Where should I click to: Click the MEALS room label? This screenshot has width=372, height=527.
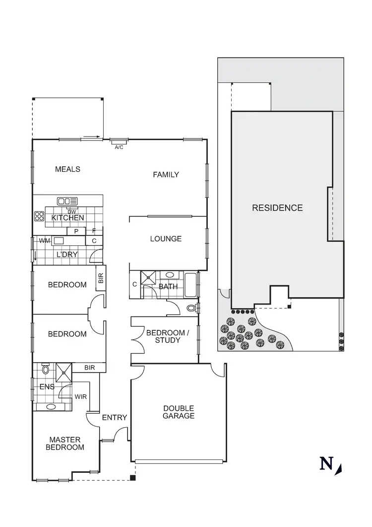(x=67, y=169)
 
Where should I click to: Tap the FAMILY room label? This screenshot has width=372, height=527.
(x=166, y=175)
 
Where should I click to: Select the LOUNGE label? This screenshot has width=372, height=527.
(x=166, y=239)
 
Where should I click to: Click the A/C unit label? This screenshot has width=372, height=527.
(x=119, y=148)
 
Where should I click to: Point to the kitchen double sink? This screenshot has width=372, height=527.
(x=67, y=201)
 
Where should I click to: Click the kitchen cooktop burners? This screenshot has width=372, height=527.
(x=39, y=217)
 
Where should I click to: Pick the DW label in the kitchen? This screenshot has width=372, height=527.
(x=72, y=212)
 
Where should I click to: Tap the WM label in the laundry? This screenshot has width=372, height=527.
(x=45, y=241)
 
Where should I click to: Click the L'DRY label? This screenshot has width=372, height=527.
(x=65, y=255)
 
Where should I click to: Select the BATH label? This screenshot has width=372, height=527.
(x=168, y=287)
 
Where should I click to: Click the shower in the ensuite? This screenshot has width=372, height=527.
(x=63, y=371)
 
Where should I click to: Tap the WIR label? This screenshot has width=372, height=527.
(x=80, y=397)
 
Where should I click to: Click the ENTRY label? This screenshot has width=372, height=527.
(x=115, y=418)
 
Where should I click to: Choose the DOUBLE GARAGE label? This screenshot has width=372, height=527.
(x=179, y=412)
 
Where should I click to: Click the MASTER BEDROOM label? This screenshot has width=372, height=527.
(x=65, y=444)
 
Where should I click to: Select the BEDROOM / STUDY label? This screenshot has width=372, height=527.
(x=168, y=337)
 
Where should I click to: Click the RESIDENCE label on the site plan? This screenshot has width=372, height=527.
(x=277, y=208)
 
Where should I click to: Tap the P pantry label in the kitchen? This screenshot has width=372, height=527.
(x=76, y=231)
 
